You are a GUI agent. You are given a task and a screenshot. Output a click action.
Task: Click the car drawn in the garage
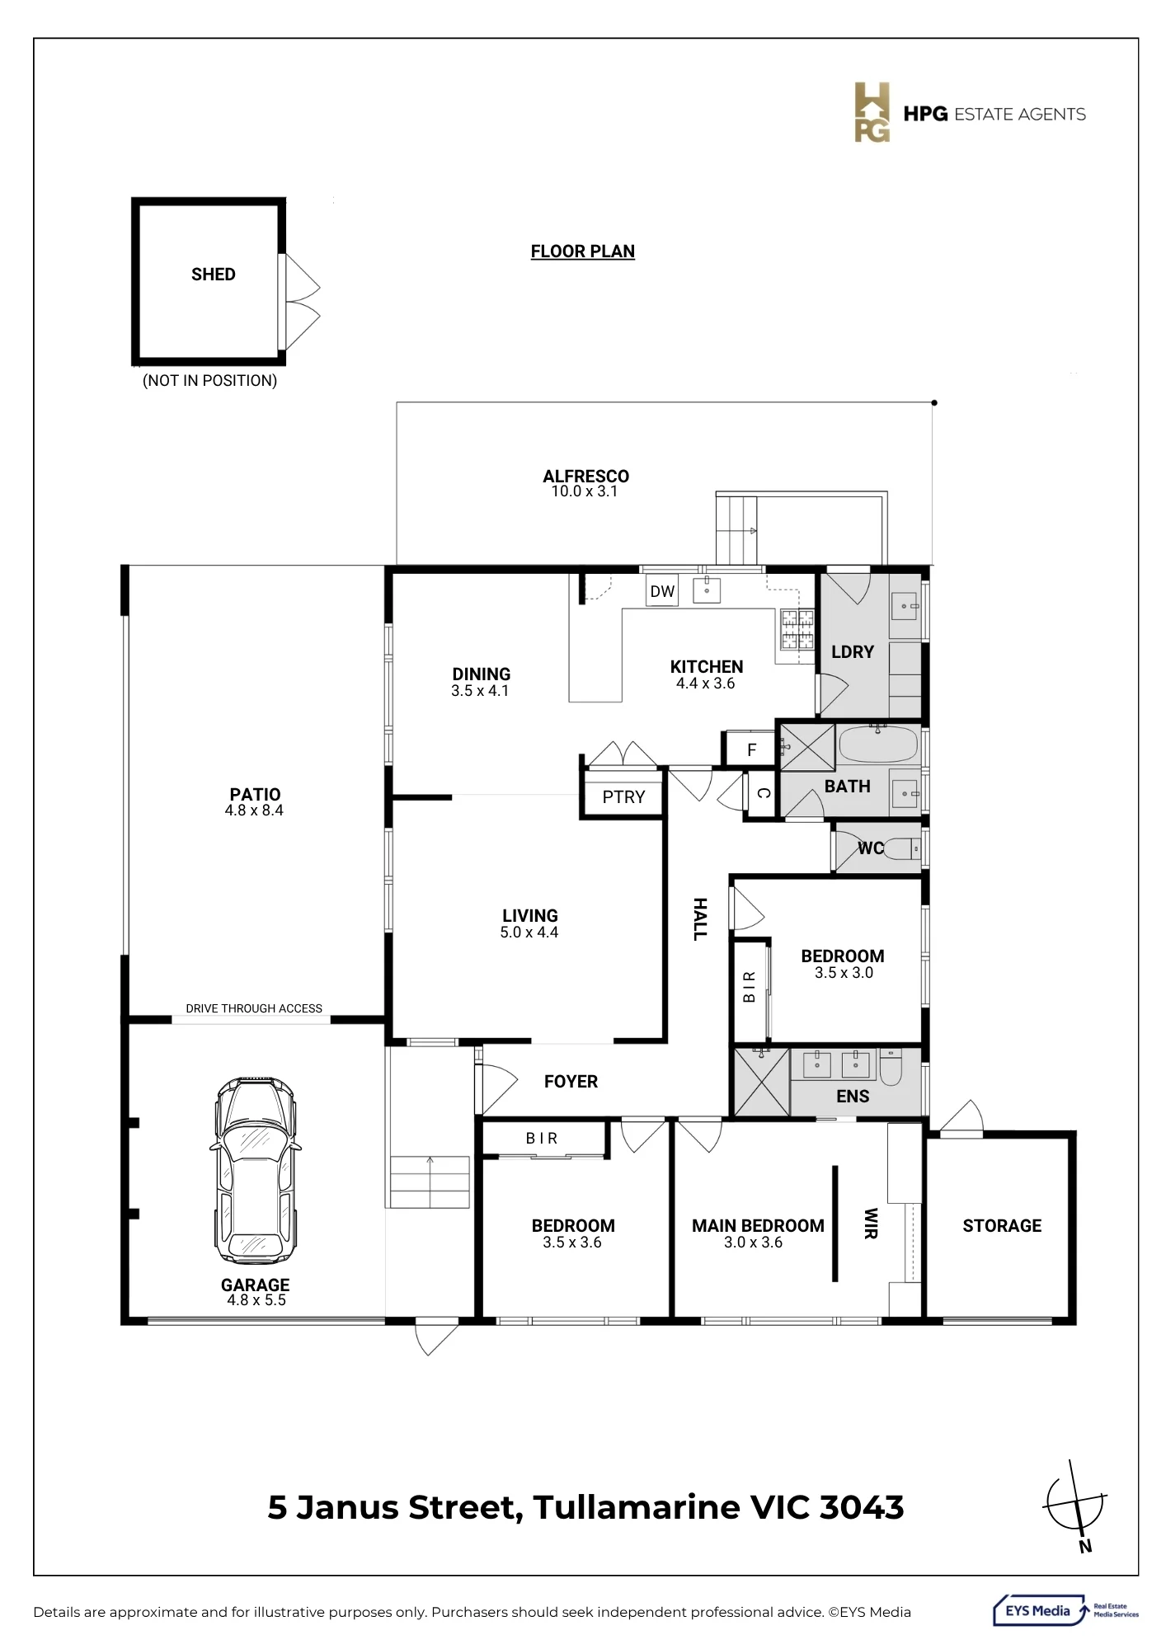pos(255,1170)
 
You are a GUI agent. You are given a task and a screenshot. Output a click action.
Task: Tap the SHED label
pos(214,275)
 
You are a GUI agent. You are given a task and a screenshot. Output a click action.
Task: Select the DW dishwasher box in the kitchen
pos(662,591)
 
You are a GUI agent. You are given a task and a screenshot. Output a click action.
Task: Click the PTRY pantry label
pos(623,797)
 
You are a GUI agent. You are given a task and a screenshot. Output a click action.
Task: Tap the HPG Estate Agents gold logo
pos(872,112)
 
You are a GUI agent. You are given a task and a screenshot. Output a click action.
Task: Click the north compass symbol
pos(1075,1503)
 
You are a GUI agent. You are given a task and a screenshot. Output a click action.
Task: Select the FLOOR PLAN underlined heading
pos(583,251)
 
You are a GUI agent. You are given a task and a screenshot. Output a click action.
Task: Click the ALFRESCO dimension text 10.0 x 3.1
pos(585,491)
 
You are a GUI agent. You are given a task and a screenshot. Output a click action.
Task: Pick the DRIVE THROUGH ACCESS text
pos(254,1008)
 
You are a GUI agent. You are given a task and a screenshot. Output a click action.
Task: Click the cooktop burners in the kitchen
pos(797,629)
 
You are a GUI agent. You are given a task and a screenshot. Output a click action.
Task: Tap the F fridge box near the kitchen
pos(751,749)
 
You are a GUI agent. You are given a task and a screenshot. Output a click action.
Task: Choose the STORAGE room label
pos(1002,1226)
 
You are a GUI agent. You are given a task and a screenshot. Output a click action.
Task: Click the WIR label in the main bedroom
pos(871,1224)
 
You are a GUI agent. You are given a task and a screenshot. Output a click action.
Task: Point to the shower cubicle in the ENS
pos(761,1082)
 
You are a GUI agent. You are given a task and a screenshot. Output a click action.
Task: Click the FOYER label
pos(571,1082)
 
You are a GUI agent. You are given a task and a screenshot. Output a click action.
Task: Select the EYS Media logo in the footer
pos(1066,1610)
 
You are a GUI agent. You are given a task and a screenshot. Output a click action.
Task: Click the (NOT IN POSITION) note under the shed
pos(210,380)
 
